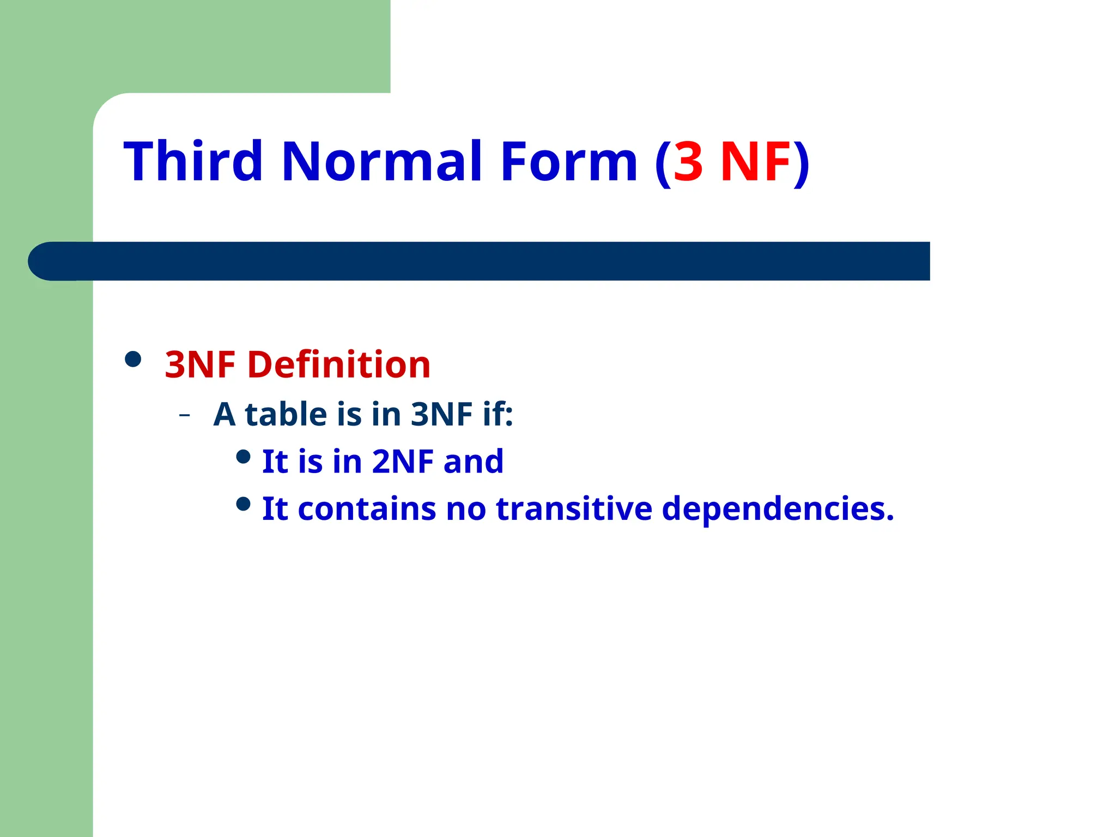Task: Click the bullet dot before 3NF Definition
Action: click(133, 359)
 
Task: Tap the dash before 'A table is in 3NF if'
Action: click(185, 416)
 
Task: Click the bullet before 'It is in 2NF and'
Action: click(244, 457)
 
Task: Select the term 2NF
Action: click(403, 462)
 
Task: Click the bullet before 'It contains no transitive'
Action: click(244, 504)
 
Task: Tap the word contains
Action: click(367, 509)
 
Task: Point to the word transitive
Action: click(574, 509)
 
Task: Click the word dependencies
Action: click(778, 510)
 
